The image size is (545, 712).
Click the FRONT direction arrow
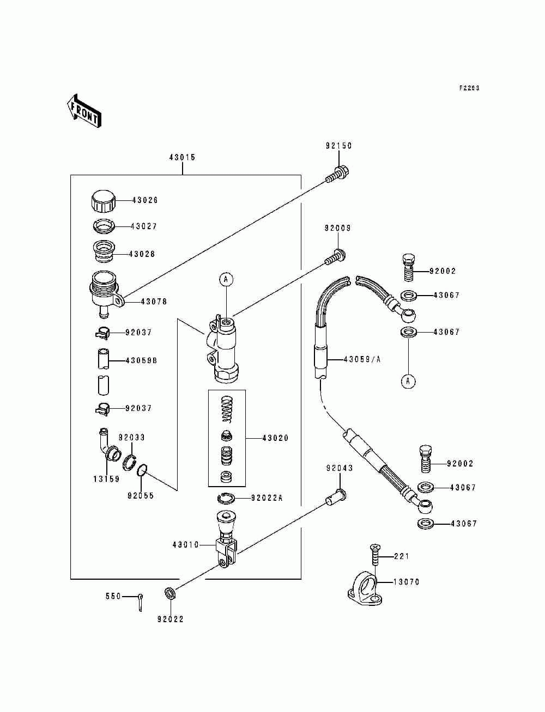tap(84, 111)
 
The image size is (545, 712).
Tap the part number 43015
tap(182, 157)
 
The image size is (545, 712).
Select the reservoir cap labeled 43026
tap(104, 201)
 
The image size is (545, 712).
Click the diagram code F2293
tap(469, 88)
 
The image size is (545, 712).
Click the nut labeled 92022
tap(170, 593)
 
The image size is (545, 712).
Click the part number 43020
tap(275, 438)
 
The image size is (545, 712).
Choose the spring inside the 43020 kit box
tap(227, 410)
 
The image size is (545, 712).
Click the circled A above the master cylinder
tap(226, 279)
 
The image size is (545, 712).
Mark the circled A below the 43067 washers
tap(408, 382)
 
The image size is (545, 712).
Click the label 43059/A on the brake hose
tap(362, 359)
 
